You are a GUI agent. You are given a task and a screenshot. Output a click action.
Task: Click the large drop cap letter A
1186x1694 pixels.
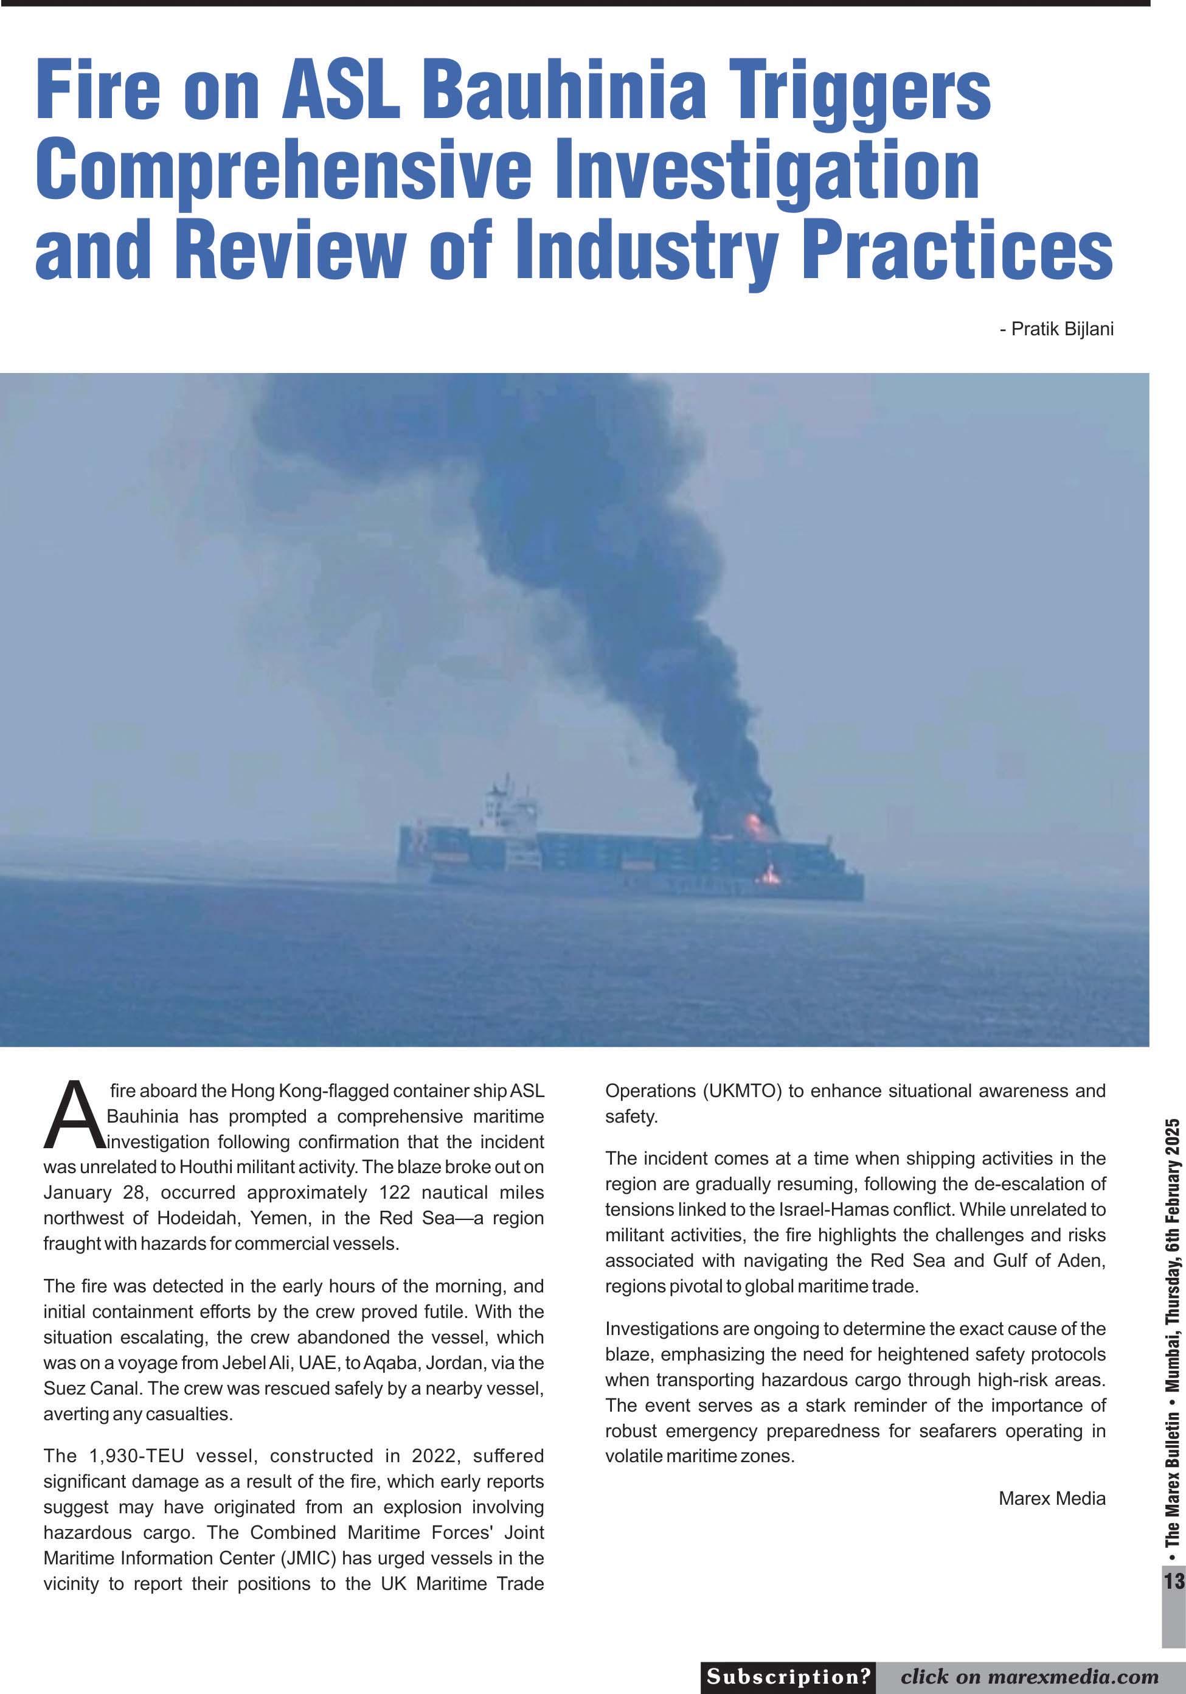coord(72,1117)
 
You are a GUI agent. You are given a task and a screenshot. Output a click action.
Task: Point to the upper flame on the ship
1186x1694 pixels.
coord(754,824)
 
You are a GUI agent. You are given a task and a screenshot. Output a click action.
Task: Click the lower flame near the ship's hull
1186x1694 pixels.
coord(771,875)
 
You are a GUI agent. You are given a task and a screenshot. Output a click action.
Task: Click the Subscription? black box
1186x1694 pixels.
coord(788,1677)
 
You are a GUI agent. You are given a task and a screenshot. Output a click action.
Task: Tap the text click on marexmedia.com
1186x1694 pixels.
coord(1029,1677)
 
